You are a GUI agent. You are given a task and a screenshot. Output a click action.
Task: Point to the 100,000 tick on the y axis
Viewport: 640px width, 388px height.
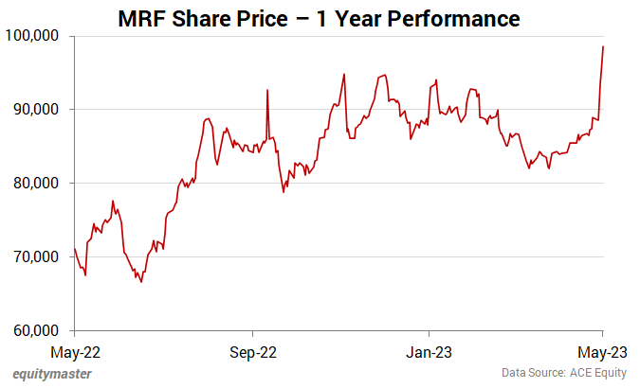(33, 36)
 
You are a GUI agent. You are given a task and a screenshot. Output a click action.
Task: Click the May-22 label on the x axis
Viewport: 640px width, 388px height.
(74, 352)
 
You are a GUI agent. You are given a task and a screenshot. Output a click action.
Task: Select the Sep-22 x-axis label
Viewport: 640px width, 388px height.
(252, 352)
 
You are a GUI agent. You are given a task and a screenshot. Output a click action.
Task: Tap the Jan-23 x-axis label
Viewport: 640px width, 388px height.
(429, 352)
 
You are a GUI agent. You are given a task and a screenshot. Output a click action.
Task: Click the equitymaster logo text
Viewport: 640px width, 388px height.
(52, 374)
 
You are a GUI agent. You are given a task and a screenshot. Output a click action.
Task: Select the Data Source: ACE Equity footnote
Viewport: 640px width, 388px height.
(565, 374)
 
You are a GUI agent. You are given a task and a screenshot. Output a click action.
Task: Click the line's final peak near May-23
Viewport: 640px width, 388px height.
(604, 46)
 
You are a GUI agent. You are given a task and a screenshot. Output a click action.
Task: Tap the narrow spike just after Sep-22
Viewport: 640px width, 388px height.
(267, 91)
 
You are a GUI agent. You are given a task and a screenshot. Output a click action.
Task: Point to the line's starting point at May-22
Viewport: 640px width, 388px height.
(75, 250)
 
